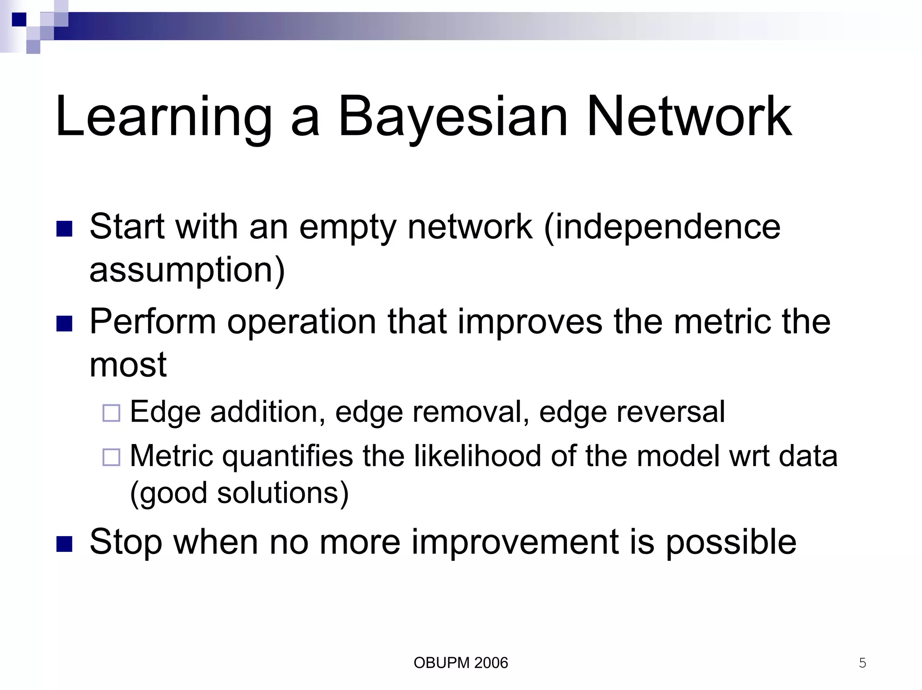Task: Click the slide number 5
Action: pos(862,663)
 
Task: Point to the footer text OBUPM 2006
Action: pos(461,663)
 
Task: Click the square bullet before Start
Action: pos(64,229)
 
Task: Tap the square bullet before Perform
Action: pos(64,324)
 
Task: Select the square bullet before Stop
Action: pos(64,544)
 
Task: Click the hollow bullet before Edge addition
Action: pos(111,413)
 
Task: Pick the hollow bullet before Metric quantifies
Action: pos(111,457)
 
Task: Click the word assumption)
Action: pos(187,270)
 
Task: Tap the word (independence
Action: pos(662,227)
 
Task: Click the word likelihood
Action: pos(477,456)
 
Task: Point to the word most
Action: pos(128,365)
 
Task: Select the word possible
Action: pos(731,542)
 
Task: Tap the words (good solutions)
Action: pos(239,493)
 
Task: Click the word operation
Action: pos(301,322)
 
